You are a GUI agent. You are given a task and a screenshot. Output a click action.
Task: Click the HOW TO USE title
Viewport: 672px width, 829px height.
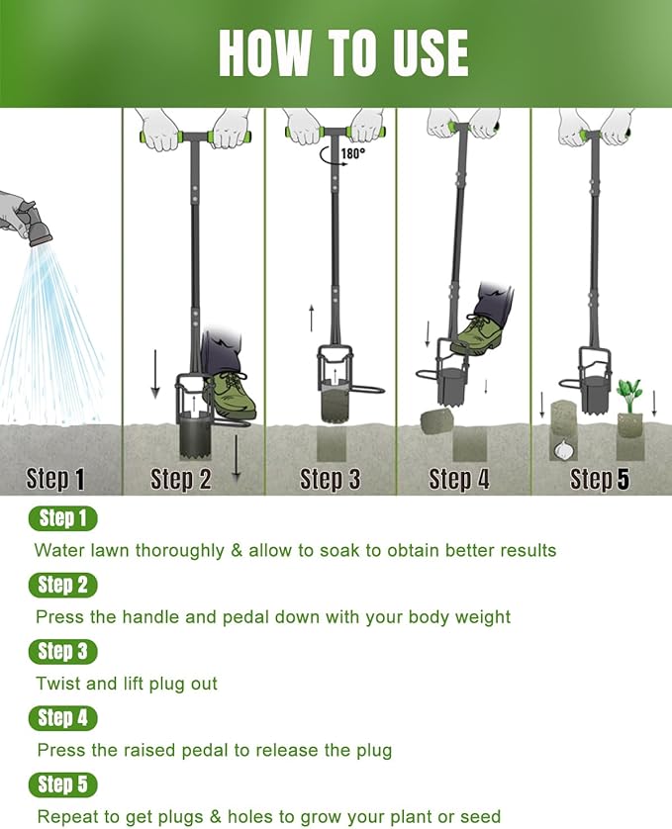(342, 53)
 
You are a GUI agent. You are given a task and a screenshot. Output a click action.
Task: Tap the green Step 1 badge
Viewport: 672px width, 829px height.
(63, 518)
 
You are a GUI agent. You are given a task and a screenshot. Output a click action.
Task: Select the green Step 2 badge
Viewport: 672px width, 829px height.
(63, 585)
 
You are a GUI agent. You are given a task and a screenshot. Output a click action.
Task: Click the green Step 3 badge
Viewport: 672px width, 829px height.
(63, 651)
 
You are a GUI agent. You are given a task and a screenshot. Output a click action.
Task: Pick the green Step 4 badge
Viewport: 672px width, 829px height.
(63, 718)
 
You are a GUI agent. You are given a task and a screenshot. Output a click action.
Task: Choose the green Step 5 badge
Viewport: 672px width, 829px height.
(63, 785)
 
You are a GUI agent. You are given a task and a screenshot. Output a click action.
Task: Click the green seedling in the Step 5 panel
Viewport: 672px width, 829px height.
(628, 393)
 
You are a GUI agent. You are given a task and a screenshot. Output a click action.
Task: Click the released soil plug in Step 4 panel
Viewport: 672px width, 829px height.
(436, 422)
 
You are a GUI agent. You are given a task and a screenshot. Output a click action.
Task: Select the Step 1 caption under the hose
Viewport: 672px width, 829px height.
(55, 480)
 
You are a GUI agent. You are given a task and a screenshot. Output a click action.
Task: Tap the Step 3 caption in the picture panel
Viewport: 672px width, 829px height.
(331, 480)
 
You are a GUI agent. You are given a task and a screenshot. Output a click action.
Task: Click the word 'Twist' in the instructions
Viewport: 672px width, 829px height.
(57, 684)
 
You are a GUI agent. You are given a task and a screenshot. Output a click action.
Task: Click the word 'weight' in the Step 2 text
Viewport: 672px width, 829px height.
(482, 617)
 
